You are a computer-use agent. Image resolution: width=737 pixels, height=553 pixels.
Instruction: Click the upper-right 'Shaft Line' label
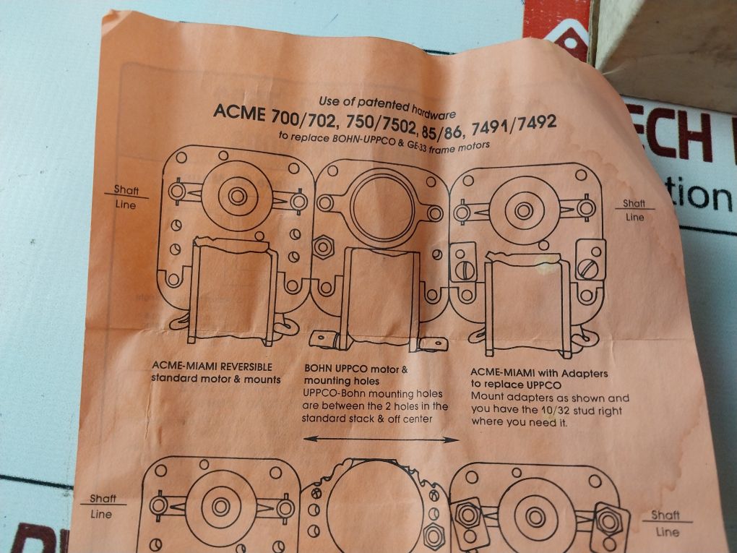click(634, 210)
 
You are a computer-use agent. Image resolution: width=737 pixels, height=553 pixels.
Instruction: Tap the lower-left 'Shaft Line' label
click(102, 506)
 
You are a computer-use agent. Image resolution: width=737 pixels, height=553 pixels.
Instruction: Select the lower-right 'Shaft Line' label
click(665, 523)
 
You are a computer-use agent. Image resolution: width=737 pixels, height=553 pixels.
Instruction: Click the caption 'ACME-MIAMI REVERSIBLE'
click(212, 366)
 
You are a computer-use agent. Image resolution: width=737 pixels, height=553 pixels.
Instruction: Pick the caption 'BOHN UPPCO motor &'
click(355, 369)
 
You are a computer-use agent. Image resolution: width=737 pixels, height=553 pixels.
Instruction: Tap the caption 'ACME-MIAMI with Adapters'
click(539, 374)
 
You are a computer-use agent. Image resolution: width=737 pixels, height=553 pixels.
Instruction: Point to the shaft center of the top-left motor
click(237, 195)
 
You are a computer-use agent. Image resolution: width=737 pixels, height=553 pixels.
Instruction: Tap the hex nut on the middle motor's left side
click(322, 247)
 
